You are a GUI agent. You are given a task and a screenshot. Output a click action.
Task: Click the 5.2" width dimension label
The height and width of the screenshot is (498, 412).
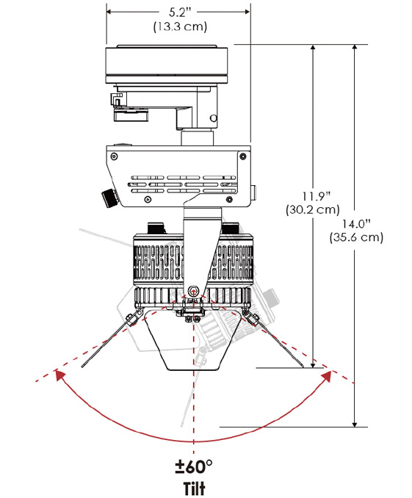[x=180, y=12]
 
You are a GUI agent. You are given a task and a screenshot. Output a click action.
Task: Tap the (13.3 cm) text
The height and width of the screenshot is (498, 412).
[x=180, y=26]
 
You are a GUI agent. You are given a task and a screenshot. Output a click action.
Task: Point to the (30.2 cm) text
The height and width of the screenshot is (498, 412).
[x=313, y=209]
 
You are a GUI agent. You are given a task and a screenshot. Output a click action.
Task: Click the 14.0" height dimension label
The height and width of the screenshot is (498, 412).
[x=356, y=223]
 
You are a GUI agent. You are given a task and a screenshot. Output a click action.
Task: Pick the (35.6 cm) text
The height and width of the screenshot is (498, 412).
[x=356, y=237]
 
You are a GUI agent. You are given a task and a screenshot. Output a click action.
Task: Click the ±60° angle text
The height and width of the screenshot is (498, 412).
[x=193, y=466]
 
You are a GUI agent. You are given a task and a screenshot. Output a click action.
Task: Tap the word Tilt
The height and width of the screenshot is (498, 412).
[x=194, y=488]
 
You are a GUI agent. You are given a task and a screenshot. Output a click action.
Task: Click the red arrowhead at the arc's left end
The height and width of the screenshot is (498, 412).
[x=59, y=375]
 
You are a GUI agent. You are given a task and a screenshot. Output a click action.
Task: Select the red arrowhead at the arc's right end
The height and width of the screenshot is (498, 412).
[x=328, y=376]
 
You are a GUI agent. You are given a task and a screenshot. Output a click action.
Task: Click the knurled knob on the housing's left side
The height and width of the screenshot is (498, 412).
[x=109, y=198]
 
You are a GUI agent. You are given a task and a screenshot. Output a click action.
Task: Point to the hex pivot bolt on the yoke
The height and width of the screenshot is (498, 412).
[x=193, y=291]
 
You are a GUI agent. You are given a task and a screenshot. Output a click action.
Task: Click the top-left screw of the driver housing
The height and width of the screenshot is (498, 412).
[x=114, y=156]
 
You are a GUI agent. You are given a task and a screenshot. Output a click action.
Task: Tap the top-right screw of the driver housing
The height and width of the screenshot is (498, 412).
[x=243, y=156]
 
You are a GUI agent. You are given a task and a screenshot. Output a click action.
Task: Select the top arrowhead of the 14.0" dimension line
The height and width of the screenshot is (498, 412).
[x=355, y=48]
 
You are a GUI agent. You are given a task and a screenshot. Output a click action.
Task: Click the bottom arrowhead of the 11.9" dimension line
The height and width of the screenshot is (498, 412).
[x=313, y=364]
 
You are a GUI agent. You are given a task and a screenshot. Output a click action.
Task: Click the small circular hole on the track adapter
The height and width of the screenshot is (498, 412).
[x=214, y=118]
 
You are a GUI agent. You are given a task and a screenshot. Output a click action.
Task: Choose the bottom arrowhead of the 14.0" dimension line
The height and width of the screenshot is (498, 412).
[x=355, y=424]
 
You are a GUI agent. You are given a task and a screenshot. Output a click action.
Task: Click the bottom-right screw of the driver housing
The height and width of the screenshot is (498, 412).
[x=229, y=200]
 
